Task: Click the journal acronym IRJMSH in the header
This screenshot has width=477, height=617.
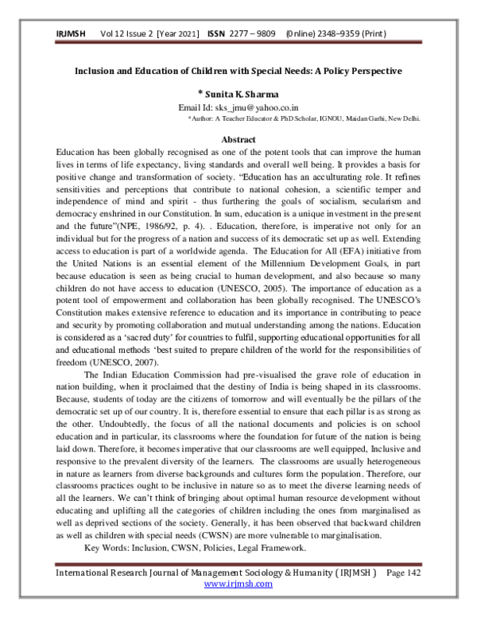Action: coord(71,33)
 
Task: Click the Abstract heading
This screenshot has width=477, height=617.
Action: coord(238,139)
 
